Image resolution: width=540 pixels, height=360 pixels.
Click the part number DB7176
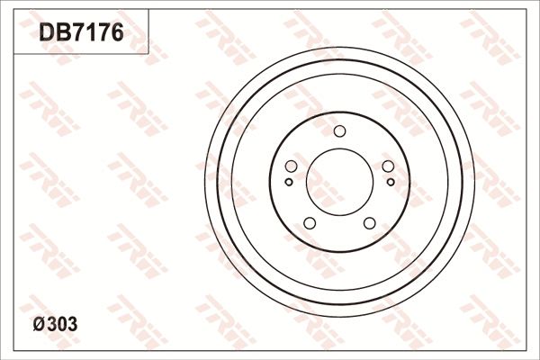click(80, 33)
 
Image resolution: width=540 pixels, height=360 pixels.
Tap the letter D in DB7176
click(46, 33)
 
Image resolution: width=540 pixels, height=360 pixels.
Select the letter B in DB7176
click(61, 33)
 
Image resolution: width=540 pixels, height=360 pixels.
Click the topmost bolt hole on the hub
click(339, 132)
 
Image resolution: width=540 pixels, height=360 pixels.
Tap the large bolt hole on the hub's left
click(290, 166)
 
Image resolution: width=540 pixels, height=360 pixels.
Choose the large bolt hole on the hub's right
click(388, 166)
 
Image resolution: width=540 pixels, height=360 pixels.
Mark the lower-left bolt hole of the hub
click(309, 223)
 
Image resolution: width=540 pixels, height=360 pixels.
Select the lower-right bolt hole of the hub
click(369, 223)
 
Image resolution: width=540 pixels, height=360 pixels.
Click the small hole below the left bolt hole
click(288, 182)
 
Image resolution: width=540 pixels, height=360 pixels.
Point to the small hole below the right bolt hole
click(390, 182)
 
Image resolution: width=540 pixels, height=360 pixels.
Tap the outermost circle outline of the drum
click(205, 181)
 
